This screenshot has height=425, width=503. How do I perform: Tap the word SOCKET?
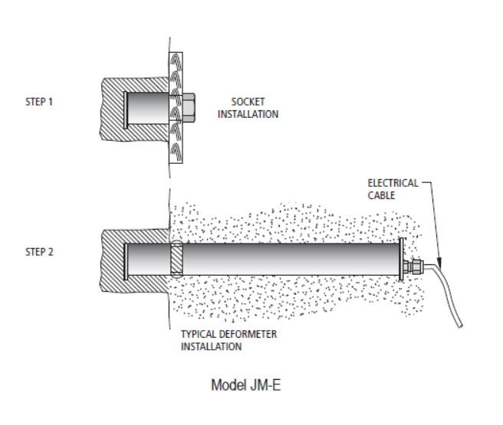pos(247,103)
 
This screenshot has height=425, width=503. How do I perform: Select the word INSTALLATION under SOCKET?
pos(248,114)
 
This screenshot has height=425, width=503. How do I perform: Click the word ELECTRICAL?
pos(393,184)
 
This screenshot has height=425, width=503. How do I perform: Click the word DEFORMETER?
pos(242,335)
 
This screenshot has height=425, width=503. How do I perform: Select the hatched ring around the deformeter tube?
pos(175,261)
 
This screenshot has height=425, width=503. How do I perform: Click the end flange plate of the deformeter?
pos(402,261)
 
